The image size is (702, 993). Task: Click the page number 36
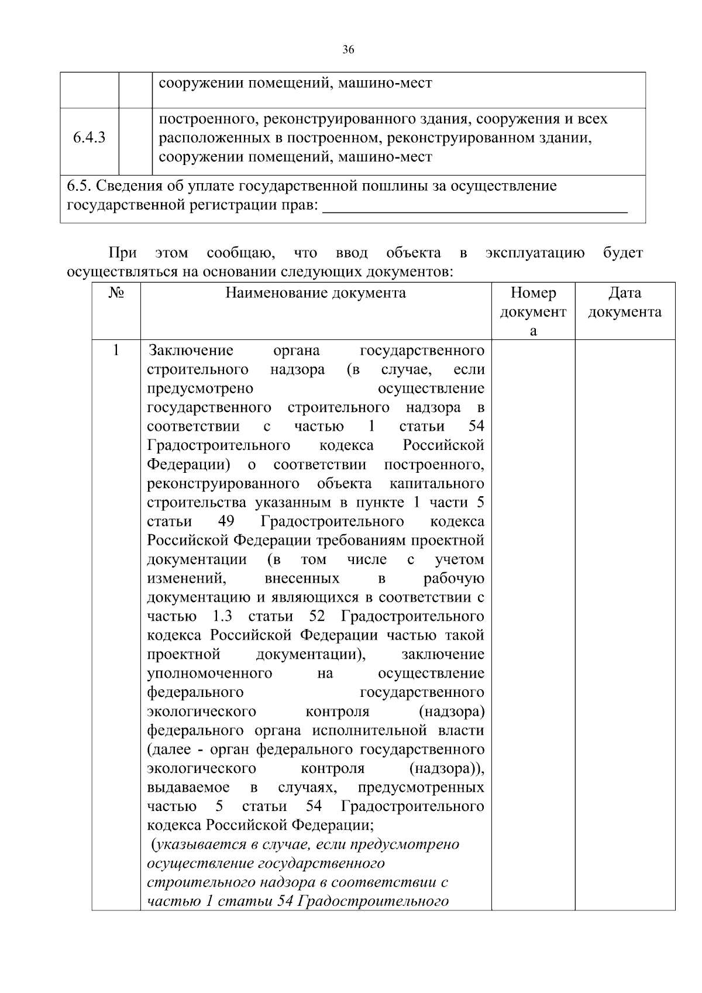(x=348, y=50)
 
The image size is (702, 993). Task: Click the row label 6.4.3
(x=89, y=138)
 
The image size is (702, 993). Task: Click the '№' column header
(x=116, y=293)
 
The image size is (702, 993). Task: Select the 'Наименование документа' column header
(x=315, y=293)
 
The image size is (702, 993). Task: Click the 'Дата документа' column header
(x=624, y=302)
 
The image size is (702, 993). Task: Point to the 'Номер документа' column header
(x=532, y=311)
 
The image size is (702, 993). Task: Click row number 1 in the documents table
(x=116, y=351)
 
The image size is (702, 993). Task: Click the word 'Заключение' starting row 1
(x=191, y=351)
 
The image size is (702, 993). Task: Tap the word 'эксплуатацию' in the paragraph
(x=535, y=253)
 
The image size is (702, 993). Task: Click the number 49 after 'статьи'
(x=226, y=521)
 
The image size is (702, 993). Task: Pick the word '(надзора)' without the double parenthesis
(x=452, y=712)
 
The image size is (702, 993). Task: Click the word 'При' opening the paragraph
(x=123, y=253)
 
